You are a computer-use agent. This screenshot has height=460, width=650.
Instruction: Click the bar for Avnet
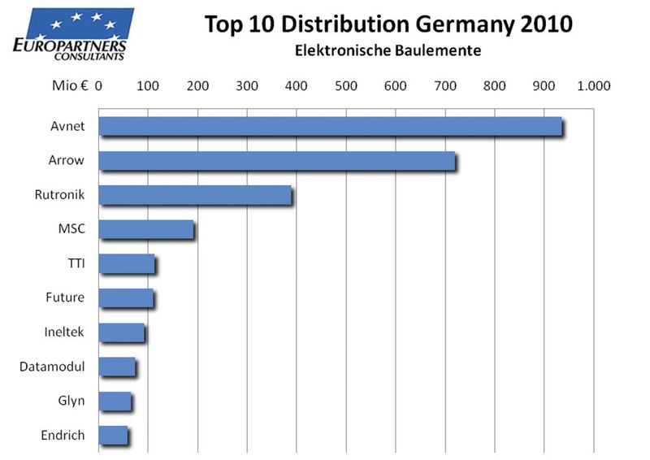point(330,126)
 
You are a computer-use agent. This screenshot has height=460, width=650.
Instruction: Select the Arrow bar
point(277,161)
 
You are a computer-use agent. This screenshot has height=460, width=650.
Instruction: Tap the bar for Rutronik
point(195,195)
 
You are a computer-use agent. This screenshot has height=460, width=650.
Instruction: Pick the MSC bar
point(146,229)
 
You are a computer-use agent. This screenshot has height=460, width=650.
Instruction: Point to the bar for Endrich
point(113,435)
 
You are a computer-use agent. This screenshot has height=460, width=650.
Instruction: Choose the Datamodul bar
point(117,367)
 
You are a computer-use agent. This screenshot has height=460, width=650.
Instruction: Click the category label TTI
point(77,263)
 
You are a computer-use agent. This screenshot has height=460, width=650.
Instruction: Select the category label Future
point(65,297)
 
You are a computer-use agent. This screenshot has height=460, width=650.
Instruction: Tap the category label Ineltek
point(64,332)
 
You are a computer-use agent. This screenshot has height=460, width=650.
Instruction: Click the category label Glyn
point(71,401)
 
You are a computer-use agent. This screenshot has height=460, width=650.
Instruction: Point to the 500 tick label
point(346,85)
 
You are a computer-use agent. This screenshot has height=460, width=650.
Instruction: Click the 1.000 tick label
point(593,85)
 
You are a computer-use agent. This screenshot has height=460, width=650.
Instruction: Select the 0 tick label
point(98,85)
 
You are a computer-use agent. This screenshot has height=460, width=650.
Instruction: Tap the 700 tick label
point(445,85)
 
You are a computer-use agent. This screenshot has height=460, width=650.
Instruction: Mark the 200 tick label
point(197,85)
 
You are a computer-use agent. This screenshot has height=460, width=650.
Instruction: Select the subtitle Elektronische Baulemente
point(388,51)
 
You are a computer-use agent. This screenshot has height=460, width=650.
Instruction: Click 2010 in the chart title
point(547,24)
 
